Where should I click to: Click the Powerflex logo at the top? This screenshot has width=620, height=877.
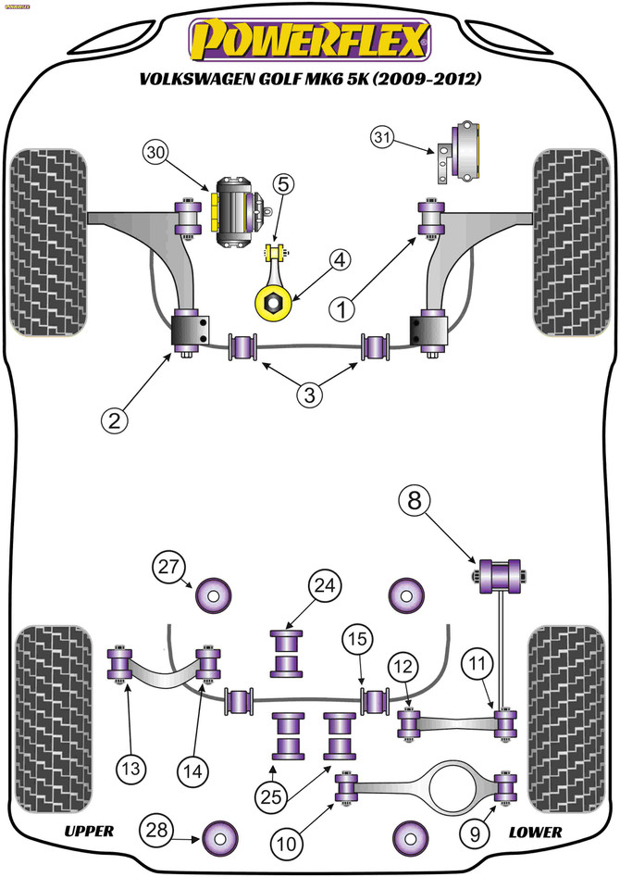coord(310,40)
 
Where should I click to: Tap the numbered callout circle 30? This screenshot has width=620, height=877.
coord(156,153)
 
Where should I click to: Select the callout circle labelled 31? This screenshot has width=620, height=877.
coord(383,137)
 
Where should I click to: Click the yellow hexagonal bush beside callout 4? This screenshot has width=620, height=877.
coord(273,302)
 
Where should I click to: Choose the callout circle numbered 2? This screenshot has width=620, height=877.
coord(114,420)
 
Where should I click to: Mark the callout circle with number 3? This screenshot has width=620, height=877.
coord(310,395)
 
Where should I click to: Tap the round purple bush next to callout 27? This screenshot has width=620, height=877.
coord(213,595)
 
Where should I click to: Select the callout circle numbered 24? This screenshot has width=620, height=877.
coord(325,585)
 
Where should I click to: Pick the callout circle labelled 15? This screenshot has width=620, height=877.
coord(358,639)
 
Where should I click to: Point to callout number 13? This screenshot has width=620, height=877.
coord(130,768)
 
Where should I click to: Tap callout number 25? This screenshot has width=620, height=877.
coord(271,796)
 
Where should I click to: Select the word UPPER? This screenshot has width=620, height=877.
coord(90,831)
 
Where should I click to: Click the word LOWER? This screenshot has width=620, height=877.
coord(535,833)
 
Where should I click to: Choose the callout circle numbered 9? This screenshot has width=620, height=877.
coord(475,834)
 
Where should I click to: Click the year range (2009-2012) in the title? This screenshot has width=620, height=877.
coord(427,79)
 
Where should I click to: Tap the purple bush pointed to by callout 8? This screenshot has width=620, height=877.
coord(500,575)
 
